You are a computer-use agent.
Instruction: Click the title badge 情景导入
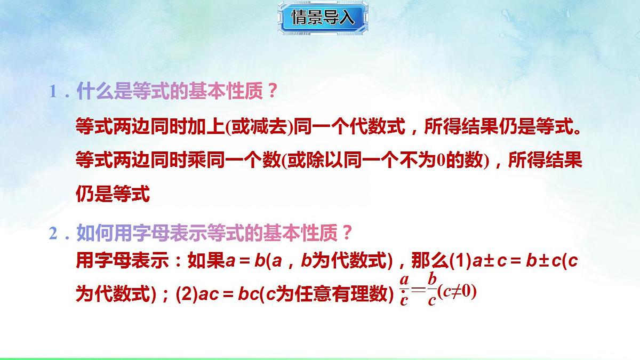point(322,18)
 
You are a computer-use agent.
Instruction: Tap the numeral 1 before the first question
point(53,92)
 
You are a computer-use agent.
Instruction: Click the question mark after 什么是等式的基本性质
point(272,92)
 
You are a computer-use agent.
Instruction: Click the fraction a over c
point(404,290)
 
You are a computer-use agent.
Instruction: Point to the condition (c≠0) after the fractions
point(457,292)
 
